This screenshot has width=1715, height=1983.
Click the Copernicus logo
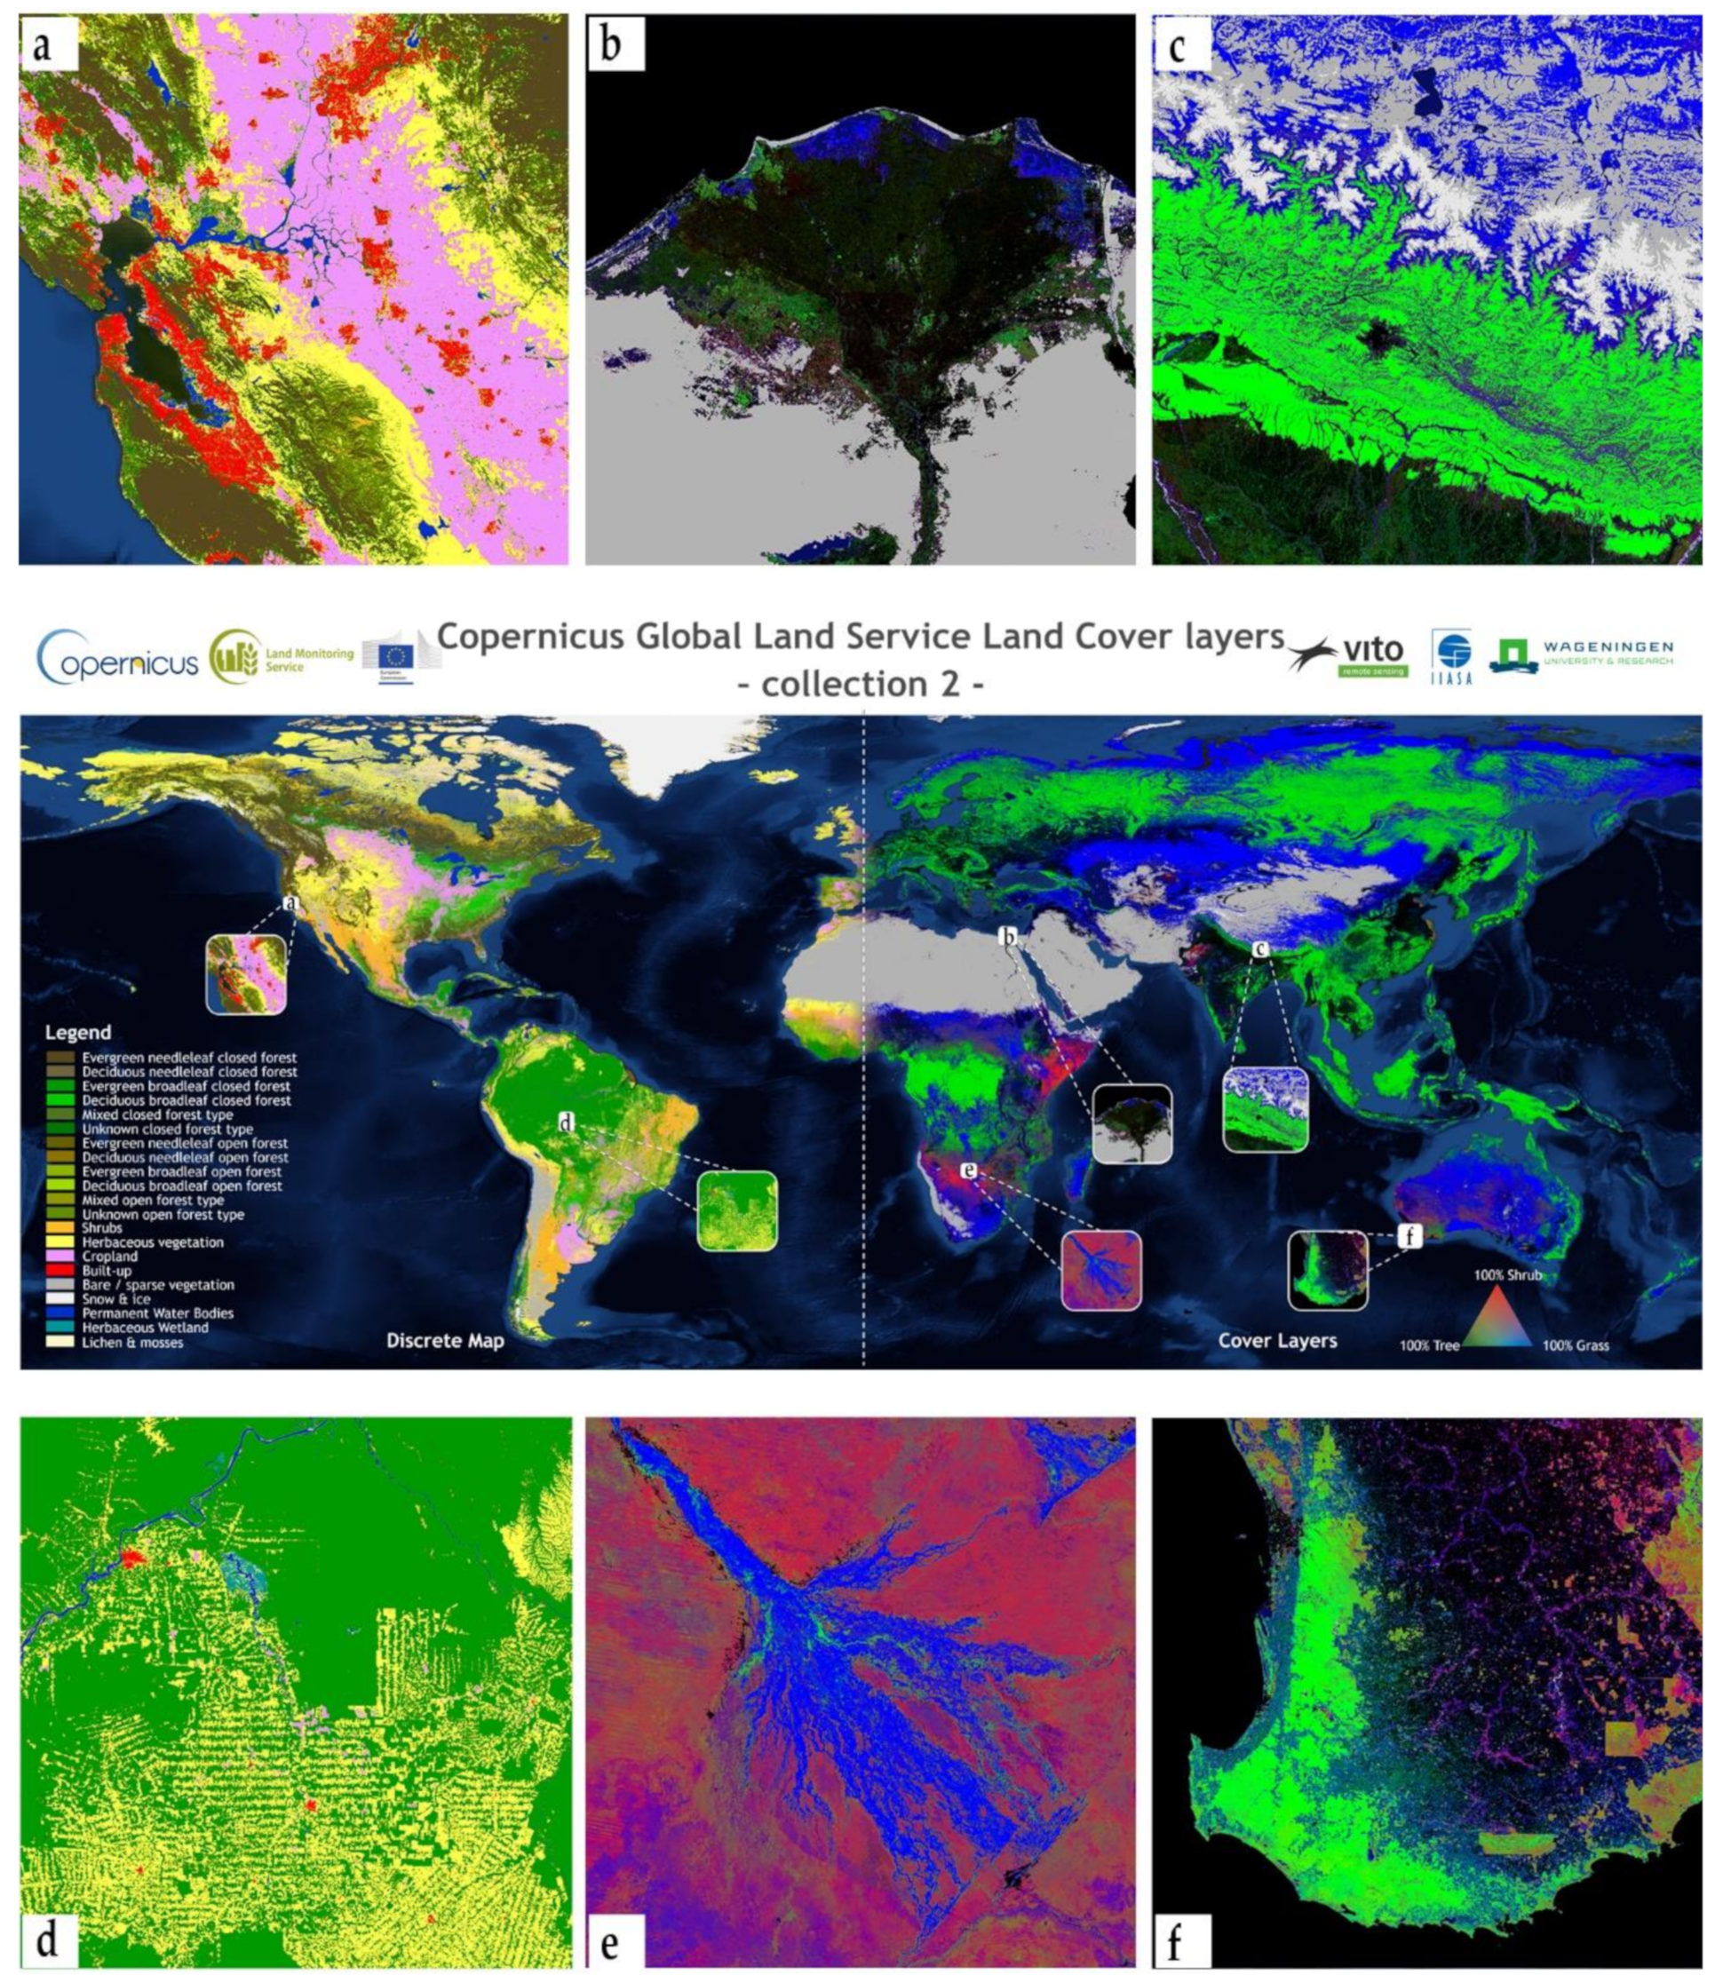(116, 658)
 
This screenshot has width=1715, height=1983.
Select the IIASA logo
(1453, 656)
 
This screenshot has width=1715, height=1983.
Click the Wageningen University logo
(1581, 654)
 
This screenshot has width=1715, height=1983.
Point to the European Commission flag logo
(395, 657)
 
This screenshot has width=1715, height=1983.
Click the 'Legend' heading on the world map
(77, 1033)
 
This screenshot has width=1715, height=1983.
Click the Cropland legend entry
(109, 1257)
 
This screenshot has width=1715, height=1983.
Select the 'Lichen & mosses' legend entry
(132, 1342)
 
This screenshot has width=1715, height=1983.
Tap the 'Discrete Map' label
(444, 1341)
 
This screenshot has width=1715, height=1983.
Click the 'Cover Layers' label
(1276, 1340)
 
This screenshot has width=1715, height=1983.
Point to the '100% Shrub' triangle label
(1507, 1275)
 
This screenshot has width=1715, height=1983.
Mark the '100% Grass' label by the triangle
(1576, 1345)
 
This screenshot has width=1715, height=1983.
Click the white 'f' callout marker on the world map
(1409, 1236)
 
